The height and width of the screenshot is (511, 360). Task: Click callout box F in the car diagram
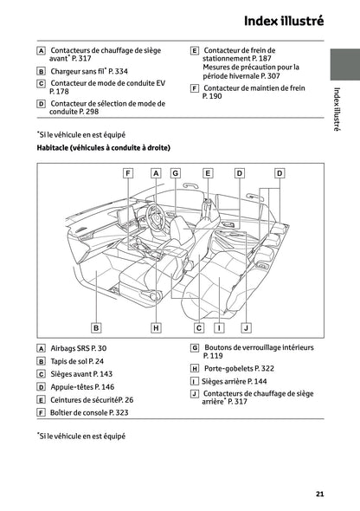click(x=128, y=173)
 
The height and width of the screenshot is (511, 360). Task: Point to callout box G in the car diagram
click(x=175, y=173)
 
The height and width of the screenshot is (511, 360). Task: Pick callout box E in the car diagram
click(x=208, y=173)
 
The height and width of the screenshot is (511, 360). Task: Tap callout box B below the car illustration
click(x=96, y=328)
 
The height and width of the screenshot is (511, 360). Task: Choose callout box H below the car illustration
click(x=156, y=328)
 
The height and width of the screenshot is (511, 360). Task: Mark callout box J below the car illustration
click(x=246, y=328)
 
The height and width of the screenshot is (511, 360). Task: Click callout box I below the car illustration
click(x=220, y=328)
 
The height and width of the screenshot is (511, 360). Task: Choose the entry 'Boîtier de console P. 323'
click(x=90, y=413)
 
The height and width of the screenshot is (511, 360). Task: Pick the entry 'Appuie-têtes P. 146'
click(x=82, y=387)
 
